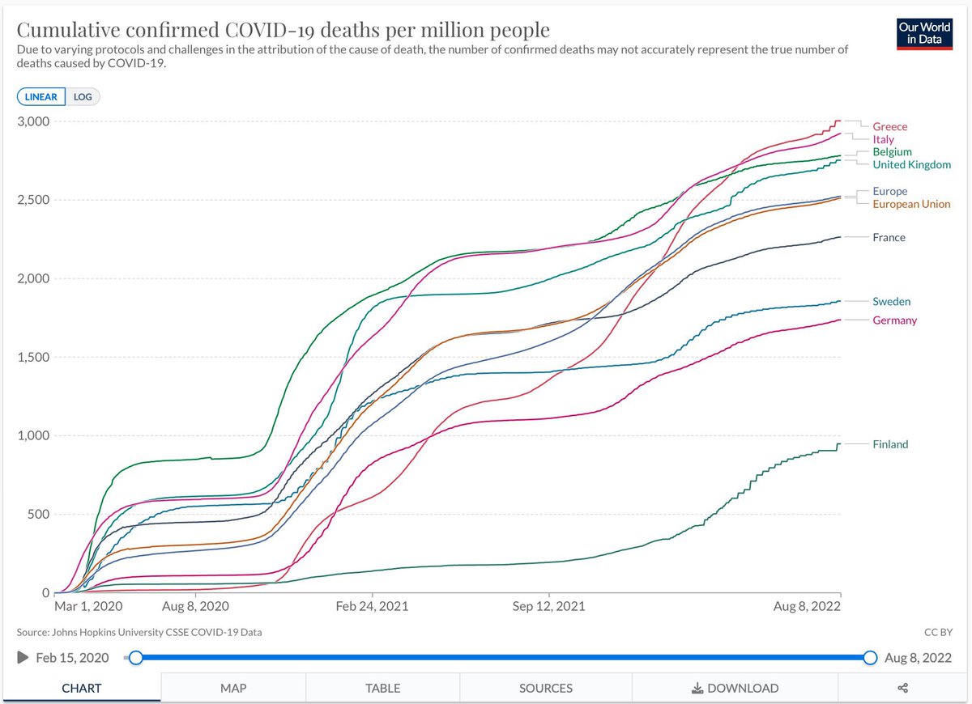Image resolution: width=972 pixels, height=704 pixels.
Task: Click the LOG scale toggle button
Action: tap(83, 96)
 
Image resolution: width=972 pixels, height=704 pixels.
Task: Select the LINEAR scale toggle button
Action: tap(41, 96)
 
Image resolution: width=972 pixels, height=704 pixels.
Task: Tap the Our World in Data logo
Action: tap(924, 34)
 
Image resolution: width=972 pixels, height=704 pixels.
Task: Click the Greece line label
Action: tap(889, 126)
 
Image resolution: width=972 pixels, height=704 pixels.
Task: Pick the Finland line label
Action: tap(890, 444)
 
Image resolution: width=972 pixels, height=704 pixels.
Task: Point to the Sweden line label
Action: tap(891, 301)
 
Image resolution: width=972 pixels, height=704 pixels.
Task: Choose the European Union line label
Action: tap(911, 204)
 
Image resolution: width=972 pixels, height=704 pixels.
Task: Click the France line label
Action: tap(889, 238)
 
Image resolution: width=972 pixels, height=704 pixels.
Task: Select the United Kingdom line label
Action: tap(912, 165)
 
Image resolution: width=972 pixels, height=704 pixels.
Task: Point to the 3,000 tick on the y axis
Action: tap(33, 121)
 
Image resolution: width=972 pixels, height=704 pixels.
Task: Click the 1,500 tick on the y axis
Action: tap(33, 357)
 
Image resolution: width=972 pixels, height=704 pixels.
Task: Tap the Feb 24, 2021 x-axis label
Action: tap(372, 606)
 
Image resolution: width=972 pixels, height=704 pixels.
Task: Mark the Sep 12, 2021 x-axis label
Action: tap(548, 606)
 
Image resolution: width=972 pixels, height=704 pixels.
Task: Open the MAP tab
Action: tap(233, 688)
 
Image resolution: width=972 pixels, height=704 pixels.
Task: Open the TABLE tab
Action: tap(382, 688)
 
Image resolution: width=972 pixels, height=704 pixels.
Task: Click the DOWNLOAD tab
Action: tap(735, 688)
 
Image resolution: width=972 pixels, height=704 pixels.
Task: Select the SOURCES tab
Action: tap(546, 688)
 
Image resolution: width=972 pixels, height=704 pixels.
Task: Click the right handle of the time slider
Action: tap(870, 658)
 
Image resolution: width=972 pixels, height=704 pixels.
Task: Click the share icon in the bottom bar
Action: tap(902, 688)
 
